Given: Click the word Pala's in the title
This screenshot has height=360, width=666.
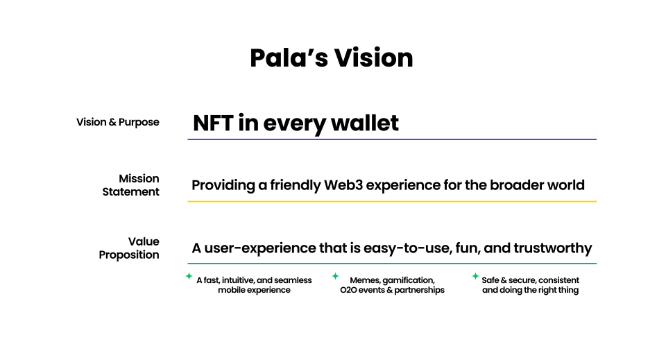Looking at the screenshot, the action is [x=289, y=58].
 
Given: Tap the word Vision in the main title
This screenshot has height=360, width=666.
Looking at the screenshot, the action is [x=373, y=58].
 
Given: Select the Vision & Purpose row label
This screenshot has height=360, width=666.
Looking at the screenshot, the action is [x=118, y=122].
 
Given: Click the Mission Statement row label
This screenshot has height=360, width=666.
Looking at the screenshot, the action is [x=131, y=185].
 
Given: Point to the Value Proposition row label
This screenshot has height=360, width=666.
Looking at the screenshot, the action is [x=129, y=248].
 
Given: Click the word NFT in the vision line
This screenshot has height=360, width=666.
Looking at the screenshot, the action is [x=213, y=123].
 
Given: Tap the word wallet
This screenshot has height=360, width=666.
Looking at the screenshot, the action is [x=365, y=123].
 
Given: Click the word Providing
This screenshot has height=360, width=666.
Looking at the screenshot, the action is [x=223, y=185].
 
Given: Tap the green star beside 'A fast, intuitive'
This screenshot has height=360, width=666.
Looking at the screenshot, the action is [x=189, y=276].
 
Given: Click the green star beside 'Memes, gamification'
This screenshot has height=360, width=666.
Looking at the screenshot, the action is [x=335, y=276].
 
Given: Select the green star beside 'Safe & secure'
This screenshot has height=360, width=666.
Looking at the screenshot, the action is [x=475, y=276].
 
